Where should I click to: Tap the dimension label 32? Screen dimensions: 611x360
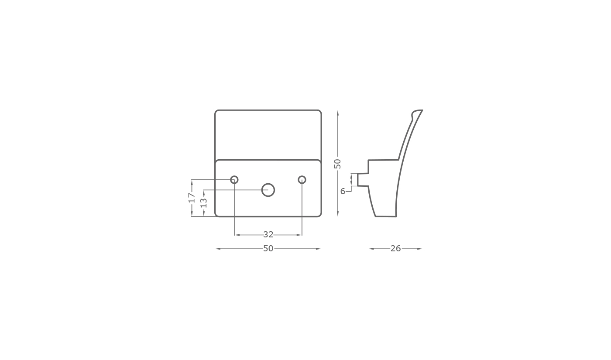click(x=268, y=235)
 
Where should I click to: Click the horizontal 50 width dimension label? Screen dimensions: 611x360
click(x=268, y=248)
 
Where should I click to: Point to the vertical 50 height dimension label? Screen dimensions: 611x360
click(x=337, y=164)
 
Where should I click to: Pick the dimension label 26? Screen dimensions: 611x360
click(x=395, y=248)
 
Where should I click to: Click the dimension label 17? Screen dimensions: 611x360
click(x=192, y=197)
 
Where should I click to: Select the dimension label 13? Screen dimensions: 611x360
click(x=204, y=202)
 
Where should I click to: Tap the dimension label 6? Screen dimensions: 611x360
click(x=343, y=191)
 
